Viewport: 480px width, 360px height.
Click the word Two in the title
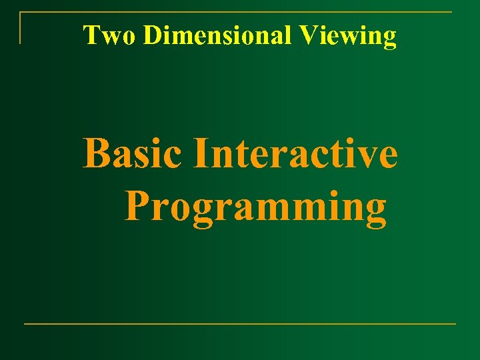point(110,35)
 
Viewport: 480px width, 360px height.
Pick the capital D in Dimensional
point(152,35)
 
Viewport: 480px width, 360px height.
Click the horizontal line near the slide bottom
point(240,324)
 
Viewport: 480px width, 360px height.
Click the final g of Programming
point(375,211)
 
